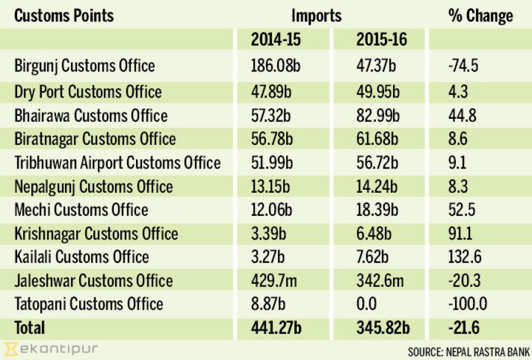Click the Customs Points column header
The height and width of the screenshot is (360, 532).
(x=64, y=15)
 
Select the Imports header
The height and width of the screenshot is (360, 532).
(x=316, y=15)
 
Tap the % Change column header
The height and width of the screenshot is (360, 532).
(x=481, y=15)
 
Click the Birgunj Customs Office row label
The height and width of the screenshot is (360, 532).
(x=85, y=65)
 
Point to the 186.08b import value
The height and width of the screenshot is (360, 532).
(x=275, y=65)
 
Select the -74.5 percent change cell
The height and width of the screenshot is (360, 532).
(x=462, y=65)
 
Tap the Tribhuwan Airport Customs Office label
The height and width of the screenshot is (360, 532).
(x=118, y=163)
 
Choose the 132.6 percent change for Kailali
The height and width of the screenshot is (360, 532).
(x=465, y=257)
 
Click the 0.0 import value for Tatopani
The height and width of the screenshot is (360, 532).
(x=366, y=304)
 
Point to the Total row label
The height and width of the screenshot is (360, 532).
(x=30, y=327)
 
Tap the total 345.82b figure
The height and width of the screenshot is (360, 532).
(x=383, y=327)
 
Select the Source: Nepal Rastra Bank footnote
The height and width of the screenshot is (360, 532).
(x=469, y=351)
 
